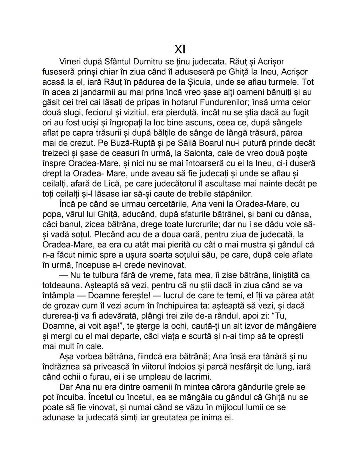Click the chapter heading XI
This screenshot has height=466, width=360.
point(180,49)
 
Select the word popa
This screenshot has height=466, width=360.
point(52,214)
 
